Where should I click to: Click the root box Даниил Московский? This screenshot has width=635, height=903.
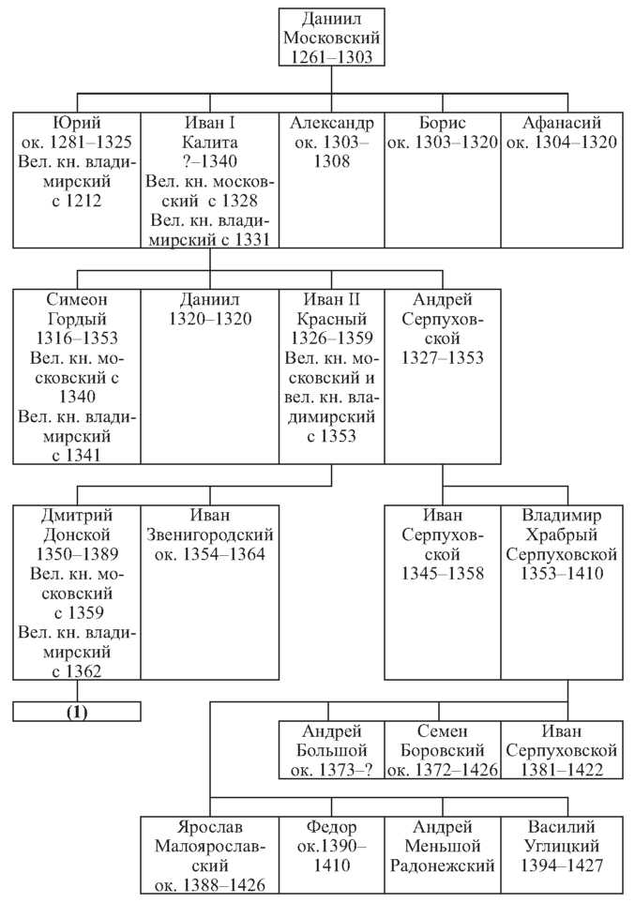click(x=331, y=38)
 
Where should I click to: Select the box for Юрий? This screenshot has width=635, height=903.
click(x=77, y=180)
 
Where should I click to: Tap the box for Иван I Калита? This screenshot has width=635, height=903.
click(x=210, y=180)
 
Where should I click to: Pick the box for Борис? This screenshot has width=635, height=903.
click(x=442, y=180)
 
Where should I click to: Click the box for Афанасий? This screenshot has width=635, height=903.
click(x=562, y=180)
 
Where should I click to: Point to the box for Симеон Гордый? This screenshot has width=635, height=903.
click(x=77, y=377)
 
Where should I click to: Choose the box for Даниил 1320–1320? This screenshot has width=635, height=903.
click(x=210, y=377)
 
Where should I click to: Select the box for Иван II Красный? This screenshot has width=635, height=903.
click(x=331, y=377)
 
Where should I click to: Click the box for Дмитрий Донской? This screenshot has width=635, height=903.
click(x=77, y=593)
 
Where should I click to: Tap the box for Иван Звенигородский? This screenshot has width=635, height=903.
click(x=210, y=593)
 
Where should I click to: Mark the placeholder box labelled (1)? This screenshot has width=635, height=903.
click(x=77, y=711)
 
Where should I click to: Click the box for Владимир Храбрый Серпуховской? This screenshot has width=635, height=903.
click(x=562, y=593)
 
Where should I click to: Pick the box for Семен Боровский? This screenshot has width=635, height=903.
click(x=442, y=750)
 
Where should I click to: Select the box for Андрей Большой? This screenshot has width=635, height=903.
click(x=331, y=750)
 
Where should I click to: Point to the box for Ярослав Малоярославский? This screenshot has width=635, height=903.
click(x=210, y=854)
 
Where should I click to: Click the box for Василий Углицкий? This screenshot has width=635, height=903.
click(x=562, y=854)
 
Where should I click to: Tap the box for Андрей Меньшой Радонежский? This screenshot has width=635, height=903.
click(x=442, y=854)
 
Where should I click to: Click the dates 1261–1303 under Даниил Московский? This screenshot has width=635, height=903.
click(x=331, y=57)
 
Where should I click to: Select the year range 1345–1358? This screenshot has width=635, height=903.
click(x=443, y=574)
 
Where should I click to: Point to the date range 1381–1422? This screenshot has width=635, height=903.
click(x=562, y=770)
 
